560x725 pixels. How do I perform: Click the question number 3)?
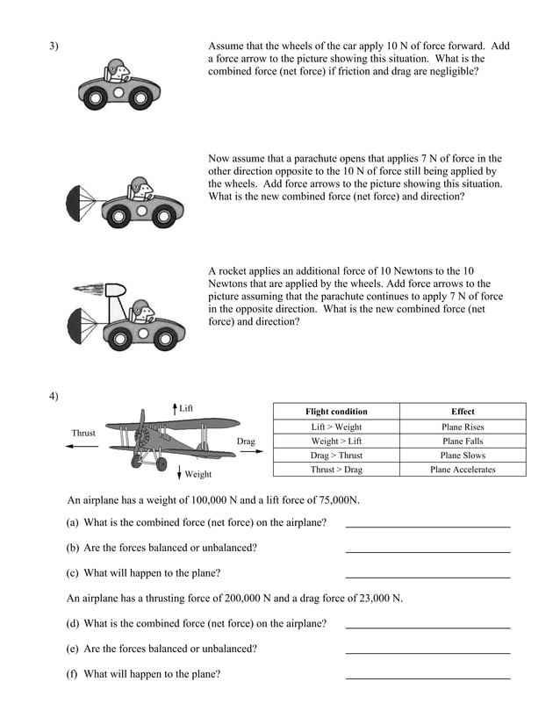54,47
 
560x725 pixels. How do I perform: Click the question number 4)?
54,396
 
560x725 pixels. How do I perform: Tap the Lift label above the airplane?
186,409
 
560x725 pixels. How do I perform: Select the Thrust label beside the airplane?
83,433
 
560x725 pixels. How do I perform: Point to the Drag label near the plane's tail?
246,441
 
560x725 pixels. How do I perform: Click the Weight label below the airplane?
197,474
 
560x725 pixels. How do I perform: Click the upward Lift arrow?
176,409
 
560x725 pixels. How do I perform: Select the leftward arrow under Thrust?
82,447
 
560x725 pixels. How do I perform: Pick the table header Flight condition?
336,412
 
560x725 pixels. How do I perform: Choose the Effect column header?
463,412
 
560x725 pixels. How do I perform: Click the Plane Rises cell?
463,427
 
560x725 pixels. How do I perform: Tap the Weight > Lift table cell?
336,441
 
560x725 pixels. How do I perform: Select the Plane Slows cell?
463,456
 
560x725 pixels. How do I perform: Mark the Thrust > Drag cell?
336,470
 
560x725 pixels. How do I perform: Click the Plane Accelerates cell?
463,470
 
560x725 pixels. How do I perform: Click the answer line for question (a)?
427,525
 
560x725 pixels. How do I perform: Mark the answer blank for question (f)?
427,676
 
